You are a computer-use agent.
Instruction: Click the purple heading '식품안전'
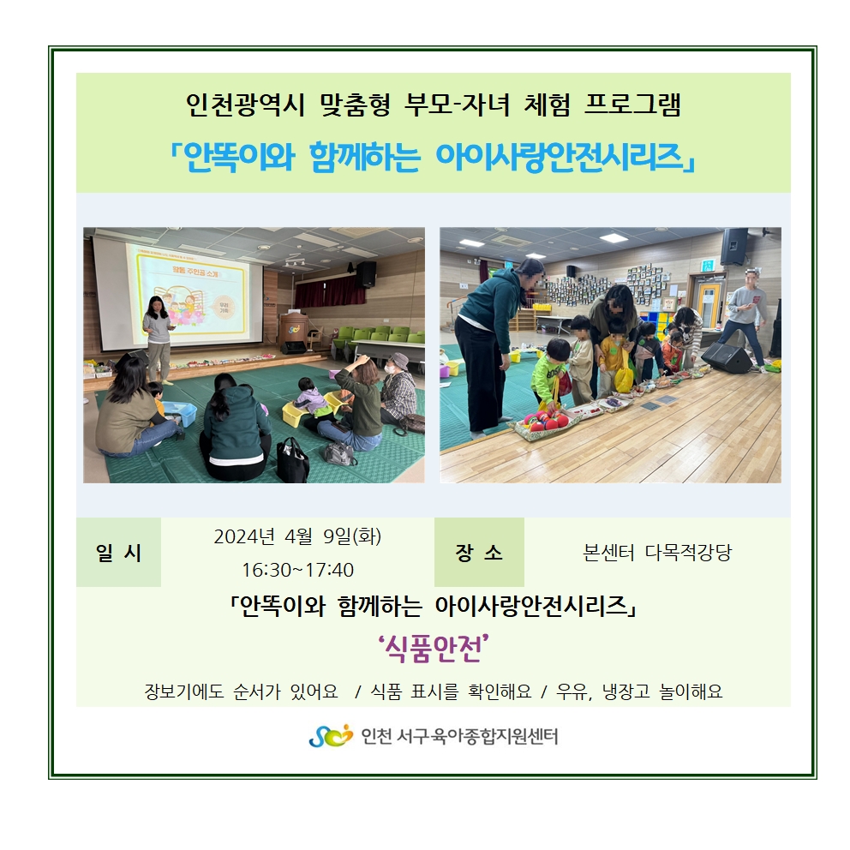[x=433, y=649]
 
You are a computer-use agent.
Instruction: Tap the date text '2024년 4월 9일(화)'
[x=297, y=536]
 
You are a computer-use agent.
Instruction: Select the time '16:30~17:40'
[x=297, y=570]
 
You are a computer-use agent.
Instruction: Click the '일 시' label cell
[x=119, y=553]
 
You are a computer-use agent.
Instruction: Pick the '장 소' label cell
[x=479, y=553]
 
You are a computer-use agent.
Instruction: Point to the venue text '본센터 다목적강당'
[x=657, y=553]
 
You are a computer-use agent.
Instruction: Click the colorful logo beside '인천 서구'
[x=331, y=736]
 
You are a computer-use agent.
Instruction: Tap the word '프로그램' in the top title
[x=632, y=104]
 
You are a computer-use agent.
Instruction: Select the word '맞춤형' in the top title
[x=355, y=104]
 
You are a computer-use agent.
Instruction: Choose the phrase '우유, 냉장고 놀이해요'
[x=640, y=691]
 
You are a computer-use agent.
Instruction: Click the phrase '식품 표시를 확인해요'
[x=451, y=691]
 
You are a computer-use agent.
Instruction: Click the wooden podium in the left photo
[x=293, y=332]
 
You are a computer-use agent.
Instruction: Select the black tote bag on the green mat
[x=292, y=459]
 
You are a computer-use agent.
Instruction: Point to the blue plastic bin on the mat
[x=179, y=413]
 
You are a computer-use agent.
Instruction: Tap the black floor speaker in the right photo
[x=727, y=356]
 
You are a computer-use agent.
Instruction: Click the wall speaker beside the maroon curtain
[x=367, y=273]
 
